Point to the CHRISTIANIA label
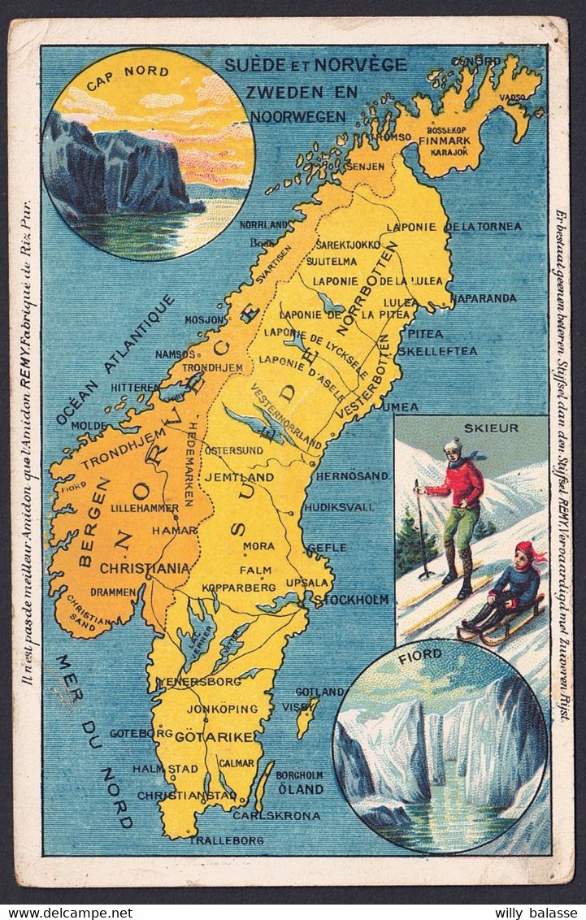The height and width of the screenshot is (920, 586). [145, 568]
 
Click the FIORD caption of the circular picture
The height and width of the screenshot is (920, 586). [420, 653]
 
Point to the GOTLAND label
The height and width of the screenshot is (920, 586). [319, 692]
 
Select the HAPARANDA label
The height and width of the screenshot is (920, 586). [484, 298]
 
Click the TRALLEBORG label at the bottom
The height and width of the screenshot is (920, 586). [227, 840]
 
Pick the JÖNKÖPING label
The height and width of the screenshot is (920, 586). [222, 709]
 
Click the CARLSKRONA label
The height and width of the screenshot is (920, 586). [276, 815]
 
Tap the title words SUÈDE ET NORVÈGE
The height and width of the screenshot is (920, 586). [305, 63]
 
